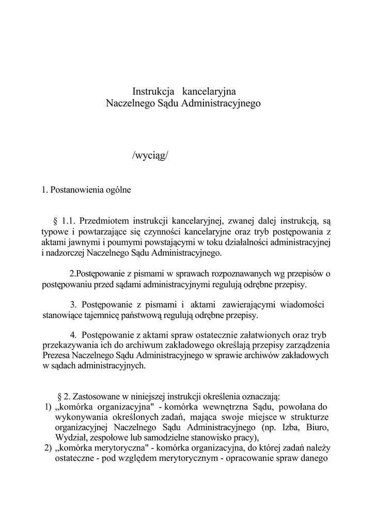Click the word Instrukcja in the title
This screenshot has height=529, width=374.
[151, 91]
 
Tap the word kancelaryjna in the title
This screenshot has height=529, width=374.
[206, 91]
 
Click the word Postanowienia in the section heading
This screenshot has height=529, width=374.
[75, 190]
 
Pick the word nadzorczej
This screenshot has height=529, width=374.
[65, 253]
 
